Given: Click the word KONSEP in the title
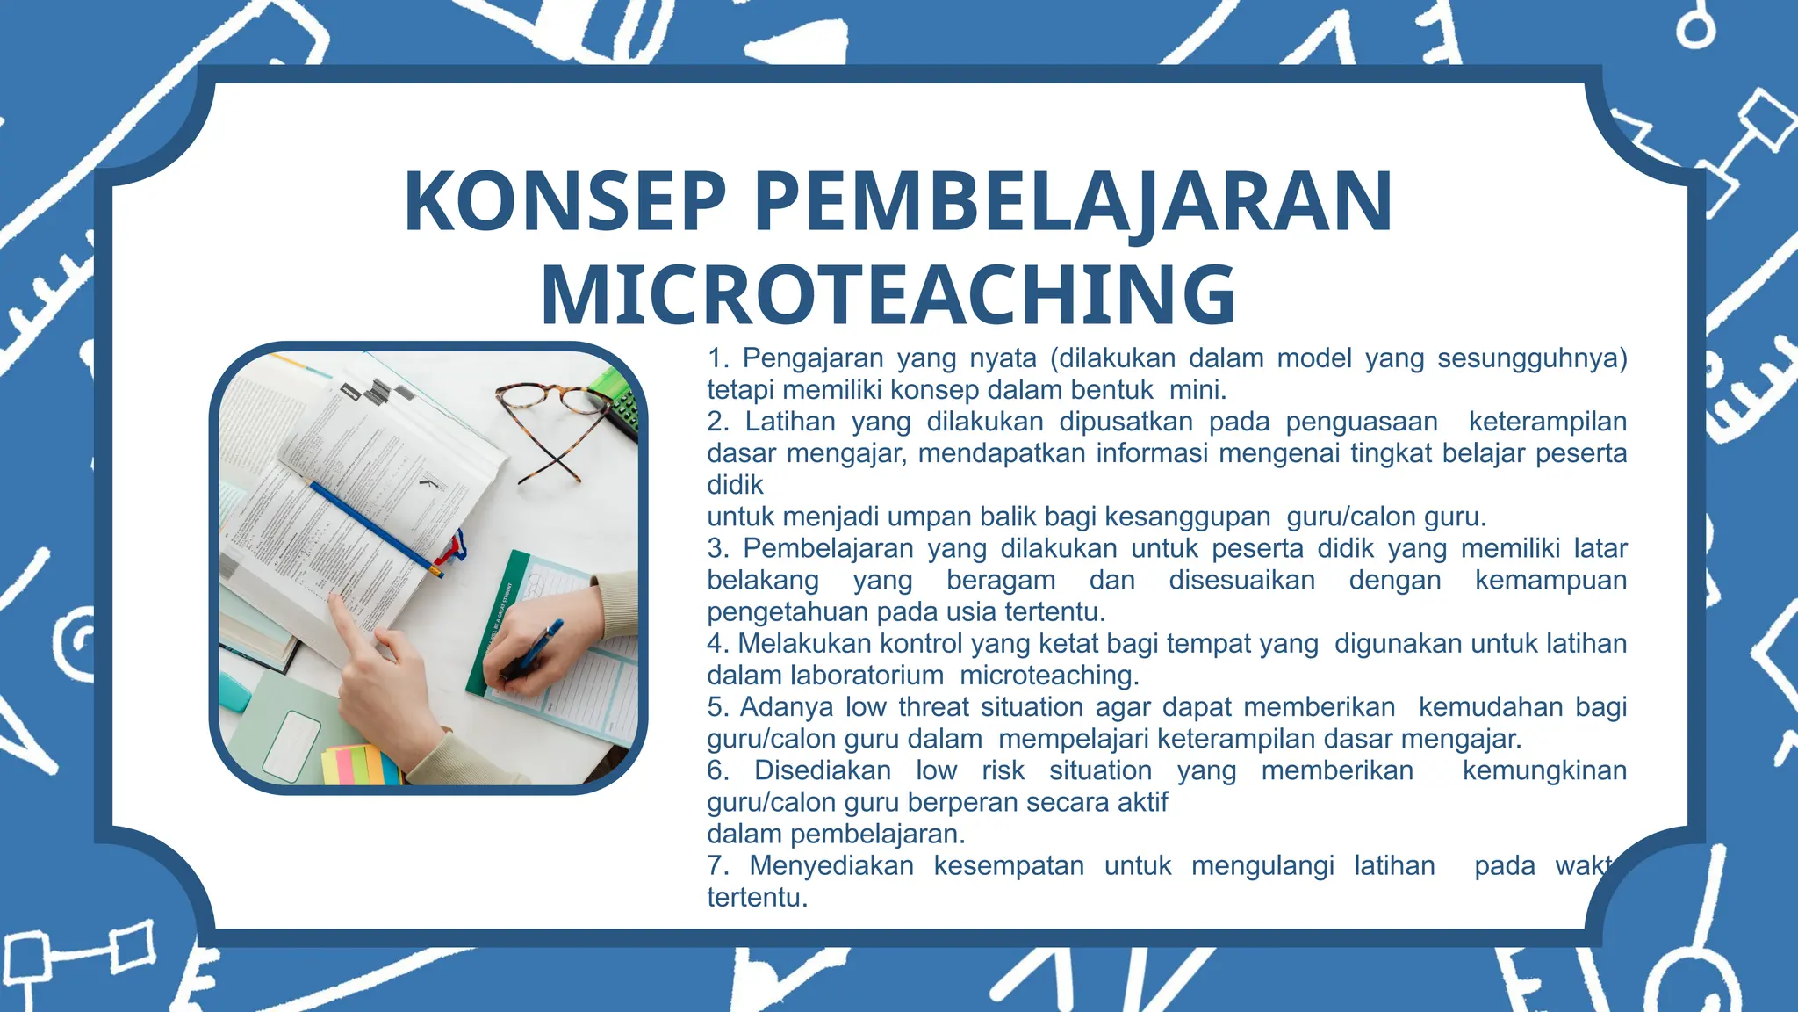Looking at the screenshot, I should pyautogui.click(x=565, y=201).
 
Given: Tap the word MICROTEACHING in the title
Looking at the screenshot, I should pyautogui.click(x=888, y=294).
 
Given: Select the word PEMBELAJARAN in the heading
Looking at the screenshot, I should pyautogui.click(x=1073, y=201).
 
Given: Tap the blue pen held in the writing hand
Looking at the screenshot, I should pyautogui.click(x=536, y=648).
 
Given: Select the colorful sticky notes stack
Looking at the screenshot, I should pyautogui.click(x=360, y=764).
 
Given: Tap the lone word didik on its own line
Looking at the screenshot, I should pyautogui.click(x=735, y=485).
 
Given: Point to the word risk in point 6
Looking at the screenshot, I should pyautogui.click(x=1003, y=770).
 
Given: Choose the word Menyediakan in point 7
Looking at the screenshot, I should pyautogui.click(x=831, y=866).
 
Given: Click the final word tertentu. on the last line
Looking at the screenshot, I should pyautogui.click(x=757, y=898).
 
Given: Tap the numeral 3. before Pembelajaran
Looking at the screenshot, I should pyautogui.click(x=718, y=549).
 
